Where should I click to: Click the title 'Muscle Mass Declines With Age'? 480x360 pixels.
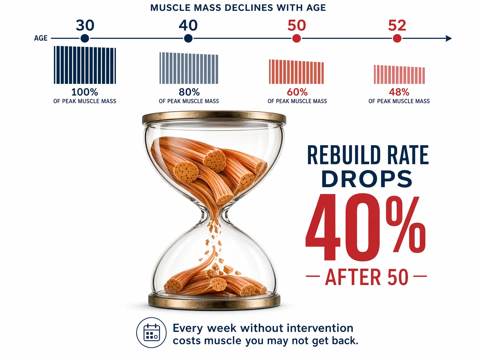238,7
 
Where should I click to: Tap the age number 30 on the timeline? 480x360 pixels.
85,26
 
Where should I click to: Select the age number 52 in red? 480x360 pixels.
397,26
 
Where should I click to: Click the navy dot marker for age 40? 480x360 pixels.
188,39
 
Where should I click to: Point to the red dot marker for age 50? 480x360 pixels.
297,39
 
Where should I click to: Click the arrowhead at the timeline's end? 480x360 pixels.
449,39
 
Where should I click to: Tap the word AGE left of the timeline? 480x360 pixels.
41,38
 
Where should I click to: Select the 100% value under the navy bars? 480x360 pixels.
85,92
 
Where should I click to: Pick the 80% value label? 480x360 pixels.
189,92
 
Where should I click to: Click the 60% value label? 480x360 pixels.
297,92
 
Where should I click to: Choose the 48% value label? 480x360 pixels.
399,92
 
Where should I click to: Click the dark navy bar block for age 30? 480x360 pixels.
85,65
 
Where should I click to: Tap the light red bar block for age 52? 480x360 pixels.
399,75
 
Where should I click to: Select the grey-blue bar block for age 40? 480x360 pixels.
189,68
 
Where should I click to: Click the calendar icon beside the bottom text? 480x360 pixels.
152,333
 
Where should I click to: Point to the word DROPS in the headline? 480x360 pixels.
366,179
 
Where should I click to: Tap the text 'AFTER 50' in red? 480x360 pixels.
366,277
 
